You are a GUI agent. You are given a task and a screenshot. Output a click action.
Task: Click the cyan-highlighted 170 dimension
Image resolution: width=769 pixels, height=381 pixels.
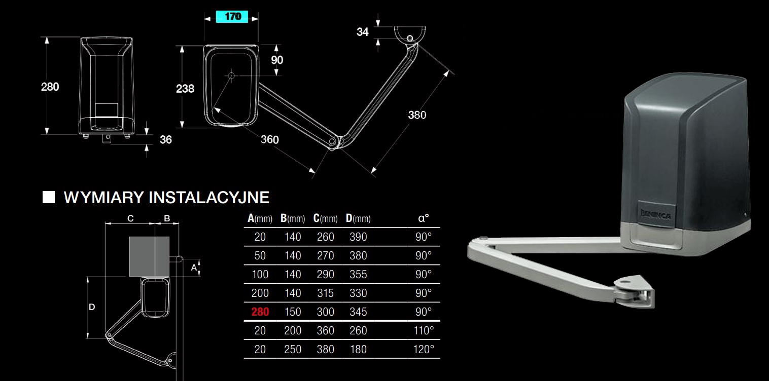click(x=232, y=16)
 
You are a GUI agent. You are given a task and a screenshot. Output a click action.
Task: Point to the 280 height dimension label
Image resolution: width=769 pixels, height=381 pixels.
click(x=50, y=87)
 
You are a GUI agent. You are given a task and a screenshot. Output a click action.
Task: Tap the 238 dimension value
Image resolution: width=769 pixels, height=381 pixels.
click(x=185, y=89)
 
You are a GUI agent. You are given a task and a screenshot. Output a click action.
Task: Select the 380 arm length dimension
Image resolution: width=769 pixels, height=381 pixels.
click(x=417, y=115)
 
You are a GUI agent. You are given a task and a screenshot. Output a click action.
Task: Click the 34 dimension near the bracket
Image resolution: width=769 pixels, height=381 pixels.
click(x=363, y=32)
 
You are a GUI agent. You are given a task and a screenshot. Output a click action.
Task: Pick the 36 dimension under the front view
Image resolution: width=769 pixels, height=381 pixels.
click(x=166, y=139)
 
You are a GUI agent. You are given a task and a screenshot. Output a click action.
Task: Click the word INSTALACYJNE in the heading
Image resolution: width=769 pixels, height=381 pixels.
click(x=209, y=197)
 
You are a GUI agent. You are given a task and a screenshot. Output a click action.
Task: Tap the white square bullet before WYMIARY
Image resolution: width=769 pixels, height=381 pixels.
click(x=49, y=197)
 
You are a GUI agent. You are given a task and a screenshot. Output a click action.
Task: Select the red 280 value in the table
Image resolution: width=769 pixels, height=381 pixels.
click(x=260, y=312)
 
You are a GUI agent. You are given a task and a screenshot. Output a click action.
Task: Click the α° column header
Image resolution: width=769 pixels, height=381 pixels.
click(x=424, y=218)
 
